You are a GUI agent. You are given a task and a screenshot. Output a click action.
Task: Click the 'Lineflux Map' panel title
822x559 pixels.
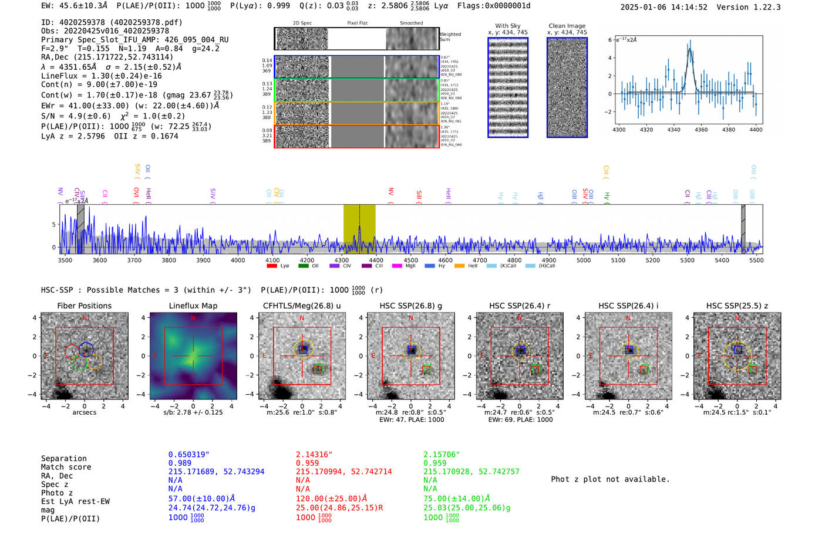pyautogui.click(x=193, y=306)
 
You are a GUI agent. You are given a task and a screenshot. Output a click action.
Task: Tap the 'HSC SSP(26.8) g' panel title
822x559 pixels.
pyautogui.click(x=410, y=306)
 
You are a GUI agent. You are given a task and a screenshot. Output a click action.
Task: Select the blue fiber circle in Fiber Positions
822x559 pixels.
pyautogui.click(x=86, y=349)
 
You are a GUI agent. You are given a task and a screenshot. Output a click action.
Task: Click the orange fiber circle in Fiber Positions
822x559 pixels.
pyautogui.click(x=95, y=361)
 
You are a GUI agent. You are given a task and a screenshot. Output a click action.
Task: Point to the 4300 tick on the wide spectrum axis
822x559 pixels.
pyautogui.click(x=342, y=260)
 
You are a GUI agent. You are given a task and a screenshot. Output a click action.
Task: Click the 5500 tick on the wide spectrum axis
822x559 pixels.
pyautogui.click(x=756, y=260)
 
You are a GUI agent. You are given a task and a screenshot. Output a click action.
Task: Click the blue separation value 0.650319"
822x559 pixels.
pyautogui.click(x=188, y=455)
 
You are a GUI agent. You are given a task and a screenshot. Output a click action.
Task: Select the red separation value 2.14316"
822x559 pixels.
pyautogui.click(x=314, y=455)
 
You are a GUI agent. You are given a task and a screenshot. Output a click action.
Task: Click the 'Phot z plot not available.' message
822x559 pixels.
pyautogui.click(x=610, y=479)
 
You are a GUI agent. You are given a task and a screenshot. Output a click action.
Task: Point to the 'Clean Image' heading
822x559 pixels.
pyautogui.click(x=567, y=26)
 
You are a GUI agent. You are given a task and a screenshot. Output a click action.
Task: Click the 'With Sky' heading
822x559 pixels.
pyautogui.click(x=507, y=26)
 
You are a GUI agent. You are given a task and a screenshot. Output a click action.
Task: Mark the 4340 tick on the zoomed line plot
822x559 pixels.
pyautogui.click(x=673, y=130)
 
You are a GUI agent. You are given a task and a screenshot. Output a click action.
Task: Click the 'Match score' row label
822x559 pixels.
pyautogui.click(x=66, y=467)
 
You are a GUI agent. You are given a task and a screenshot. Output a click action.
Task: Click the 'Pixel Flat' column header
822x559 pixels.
pyautogui.click(x=357, y=23)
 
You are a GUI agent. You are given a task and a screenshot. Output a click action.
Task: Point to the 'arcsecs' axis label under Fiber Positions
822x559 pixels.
pyautogui.click(x=84, y=412)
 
